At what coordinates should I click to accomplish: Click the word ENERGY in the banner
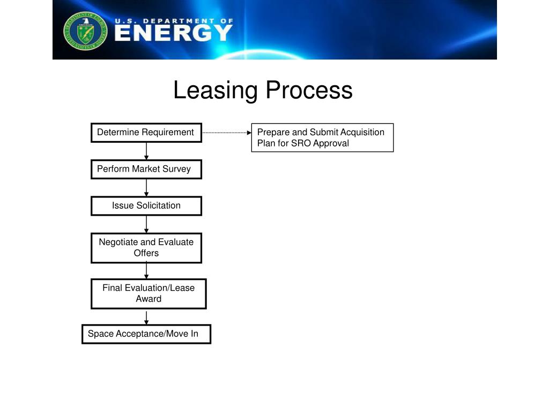click(173, 33)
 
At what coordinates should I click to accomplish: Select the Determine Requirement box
click(146, 133)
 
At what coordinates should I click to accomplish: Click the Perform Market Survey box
click(146, 169)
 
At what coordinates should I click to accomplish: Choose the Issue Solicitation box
click(146, 205)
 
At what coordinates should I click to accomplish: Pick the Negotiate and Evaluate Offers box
click(146, 247)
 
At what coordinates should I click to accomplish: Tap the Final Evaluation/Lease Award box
click(149, 293)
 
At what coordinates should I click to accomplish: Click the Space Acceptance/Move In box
click(146, 334)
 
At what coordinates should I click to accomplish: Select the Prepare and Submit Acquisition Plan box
click(322, 138)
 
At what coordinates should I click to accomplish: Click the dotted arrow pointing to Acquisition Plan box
click(227, 132)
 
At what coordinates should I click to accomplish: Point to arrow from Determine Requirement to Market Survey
click(146, 151)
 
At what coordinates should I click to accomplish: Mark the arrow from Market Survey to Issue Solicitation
click(146, 187)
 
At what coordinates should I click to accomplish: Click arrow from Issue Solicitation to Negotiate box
click(146, 224)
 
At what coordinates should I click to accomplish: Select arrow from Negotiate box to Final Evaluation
click(146, 270)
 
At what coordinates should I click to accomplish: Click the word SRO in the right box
click(301, 143)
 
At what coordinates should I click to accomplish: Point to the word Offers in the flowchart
click(146, 253)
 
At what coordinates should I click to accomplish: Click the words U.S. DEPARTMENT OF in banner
click(174, 21)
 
